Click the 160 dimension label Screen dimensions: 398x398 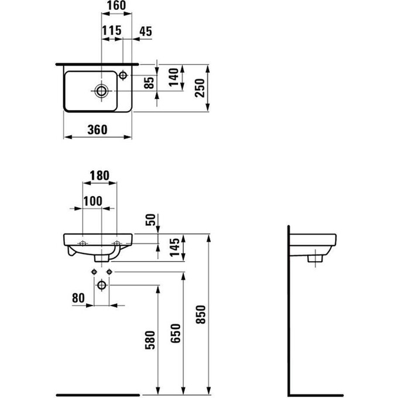pos(116,6)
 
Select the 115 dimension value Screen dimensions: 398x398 pos(112,30)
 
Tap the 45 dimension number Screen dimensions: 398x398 pos(146,31)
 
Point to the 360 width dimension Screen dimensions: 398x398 pos(98,130)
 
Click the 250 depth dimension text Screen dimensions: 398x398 pos(200,88)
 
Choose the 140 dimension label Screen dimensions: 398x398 pos(174,77)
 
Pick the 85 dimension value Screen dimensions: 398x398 pos(149,83)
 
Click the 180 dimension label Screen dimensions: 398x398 pos(99,176)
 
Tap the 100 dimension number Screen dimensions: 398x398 pos(93,201)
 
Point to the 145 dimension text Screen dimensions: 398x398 pos(174,247)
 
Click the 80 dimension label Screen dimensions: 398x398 pos(78,298)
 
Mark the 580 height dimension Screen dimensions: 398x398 pos(150,340)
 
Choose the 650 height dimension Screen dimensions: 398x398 pos(176,333)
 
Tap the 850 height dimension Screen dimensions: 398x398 pos(201,314)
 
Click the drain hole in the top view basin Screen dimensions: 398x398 pos(101,91)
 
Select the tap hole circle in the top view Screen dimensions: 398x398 pos(123,75)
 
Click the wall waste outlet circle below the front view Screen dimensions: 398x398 pos(102,285)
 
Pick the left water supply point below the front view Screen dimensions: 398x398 pos(94,272)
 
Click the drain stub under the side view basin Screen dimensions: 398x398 pos(315,259)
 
